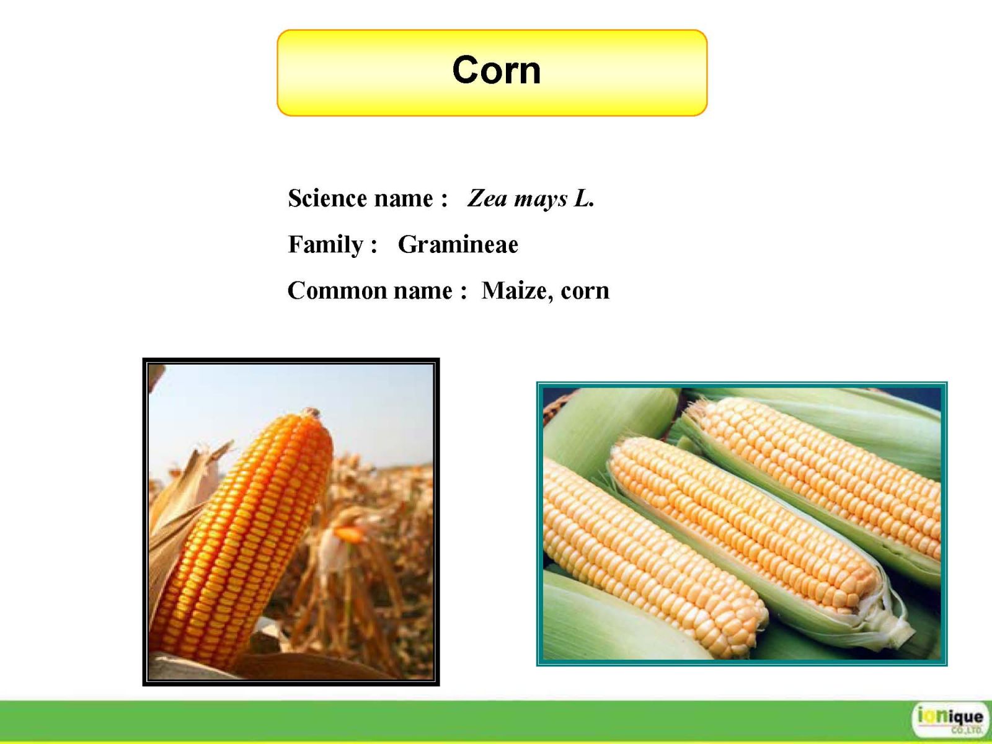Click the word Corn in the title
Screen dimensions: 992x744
point(496,70)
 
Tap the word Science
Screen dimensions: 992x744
point(327,198)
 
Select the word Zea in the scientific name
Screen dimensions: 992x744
point(487,198)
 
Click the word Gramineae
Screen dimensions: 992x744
point(458,244)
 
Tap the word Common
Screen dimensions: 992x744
point(337,290)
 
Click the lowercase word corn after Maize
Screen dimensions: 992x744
point(585,292)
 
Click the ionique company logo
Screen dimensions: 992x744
point(949,719)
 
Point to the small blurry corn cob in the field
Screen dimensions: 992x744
point(349,535)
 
